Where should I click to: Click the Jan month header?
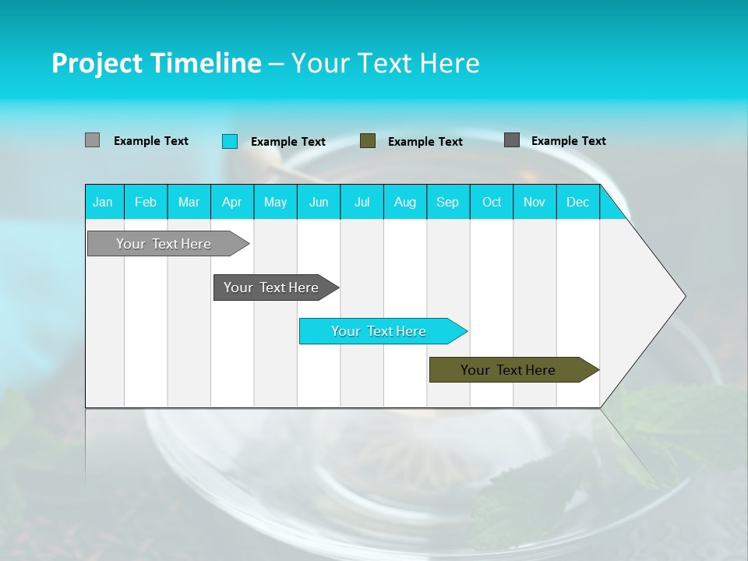103,202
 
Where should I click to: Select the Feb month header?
146,202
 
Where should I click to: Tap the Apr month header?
232,202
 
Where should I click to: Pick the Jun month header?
319,202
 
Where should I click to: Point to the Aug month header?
405,202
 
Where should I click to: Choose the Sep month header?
448,202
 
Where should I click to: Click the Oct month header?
492,202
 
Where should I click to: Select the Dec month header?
578,202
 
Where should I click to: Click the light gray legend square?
92,140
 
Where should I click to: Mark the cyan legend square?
229,141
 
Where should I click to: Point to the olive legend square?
368,141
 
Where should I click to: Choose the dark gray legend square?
512,140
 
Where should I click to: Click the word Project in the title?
95,63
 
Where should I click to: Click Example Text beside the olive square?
425,142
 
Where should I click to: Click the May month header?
275,202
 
